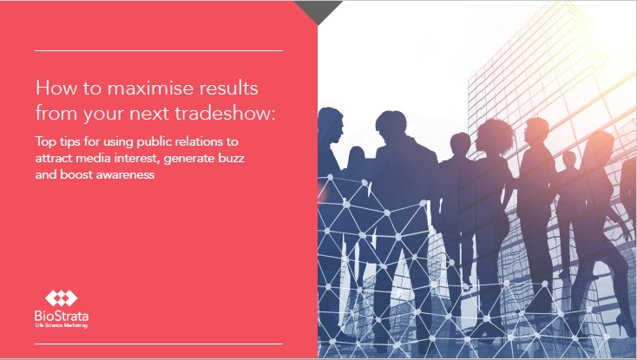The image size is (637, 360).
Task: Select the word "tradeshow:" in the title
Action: coord(225,114)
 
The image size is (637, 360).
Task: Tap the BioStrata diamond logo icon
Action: coord(62,298)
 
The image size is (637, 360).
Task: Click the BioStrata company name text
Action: coord(62,316)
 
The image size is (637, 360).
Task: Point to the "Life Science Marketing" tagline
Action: coord(62,325)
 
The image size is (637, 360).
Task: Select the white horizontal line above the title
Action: coord(159,50)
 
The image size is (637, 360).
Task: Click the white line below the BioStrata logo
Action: coord(159,344)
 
